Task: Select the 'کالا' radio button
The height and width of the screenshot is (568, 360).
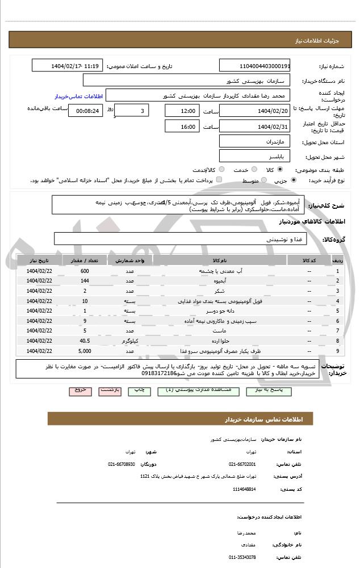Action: coord(280,170)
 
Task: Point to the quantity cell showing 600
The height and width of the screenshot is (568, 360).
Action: coord(85,271)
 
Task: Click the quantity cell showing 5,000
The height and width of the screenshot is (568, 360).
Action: coord(85,351)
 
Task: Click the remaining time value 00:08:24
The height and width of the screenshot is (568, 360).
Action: coord(86,111)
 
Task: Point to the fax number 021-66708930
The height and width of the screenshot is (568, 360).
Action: coord(122,464)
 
